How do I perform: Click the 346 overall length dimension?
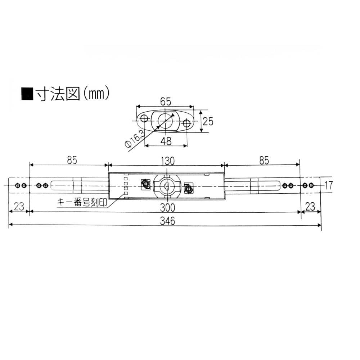click(x=168, y=221)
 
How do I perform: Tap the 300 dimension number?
click(x=168, y=208)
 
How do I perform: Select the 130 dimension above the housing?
click(x=168, y=161)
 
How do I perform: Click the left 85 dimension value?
click(x=72, y=160)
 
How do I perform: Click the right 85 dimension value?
click(x=264, y=161)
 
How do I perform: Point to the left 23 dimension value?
click(x=19, y=206)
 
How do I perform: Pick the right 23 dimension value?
click(x=310, y=207)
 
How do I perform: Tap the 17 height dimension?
click(x=328, y=185)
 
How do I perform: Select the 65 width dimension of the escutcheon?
click(x=166, y=101)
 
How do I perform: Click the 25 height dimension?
click(x=208, y=121)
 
